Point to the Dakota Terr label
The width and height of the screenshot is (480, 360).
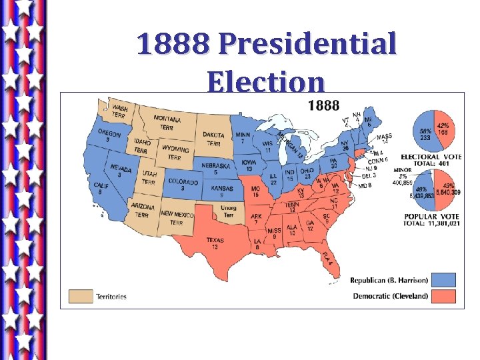coord(214,139)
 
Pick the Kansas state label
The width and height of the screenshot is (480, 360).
coord(223,192)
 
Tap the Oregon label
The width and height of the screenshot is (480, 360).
coord(109,136)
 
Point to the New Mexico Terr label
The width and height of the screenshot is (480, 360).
coord(177,217)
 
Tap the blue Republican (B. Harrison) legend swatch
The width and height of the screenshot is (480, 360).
coord(443,280)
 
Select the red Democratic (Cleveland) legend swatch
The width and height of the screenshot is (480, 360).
coord(443,296)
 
